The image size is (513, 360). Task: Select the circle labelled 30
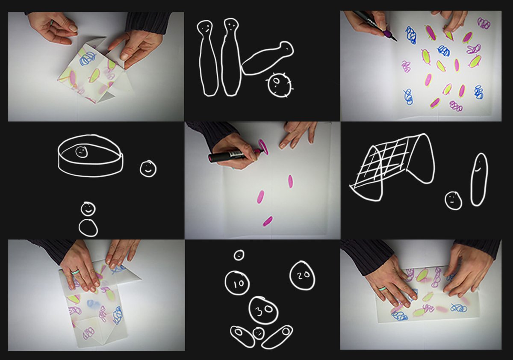(x=263, y=310)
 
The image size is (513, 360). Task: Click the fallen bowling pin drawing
(x=268, y=58)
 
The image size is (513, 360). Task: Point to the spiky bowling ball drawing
(x=280, y=85)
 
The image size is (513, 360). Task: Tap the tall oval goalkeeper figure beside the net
(x=479, y=179)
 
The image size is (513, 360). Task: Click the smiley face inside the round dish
(x=82, y=152)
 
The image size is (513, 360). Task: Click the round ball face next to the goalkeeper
(x=453, y=201)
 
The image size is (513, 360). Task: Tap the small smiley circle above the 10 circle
(x=239, y=255)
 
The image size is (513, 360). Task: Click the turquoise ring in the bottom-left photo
(x=75, y=272)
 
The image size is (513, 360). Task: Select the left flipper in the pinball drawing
(x=242, y=336)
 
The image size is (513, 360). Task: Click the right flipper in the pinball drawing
(x=277, y=337)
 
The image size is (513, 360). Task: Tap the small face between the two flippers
(x=258, y=333)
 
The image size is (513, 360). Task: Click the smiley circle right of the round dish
(x=148, y=169)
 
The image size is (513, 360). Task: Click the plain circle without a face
(x=88, y=228)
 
